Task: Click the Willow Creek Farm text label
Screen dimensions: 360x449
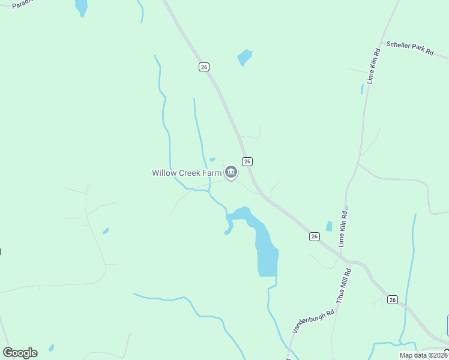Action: tap(187, 173)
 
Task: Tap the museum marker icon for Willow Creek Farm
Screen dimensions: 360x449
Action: tap(231, 173)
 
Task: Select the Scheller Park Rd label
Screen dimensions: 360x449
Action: tap(410, 48)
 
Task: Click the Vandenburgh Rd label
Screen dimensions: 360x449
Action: tap(313, 322)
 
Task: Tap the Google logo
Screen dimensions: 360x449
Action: tap(20, 353)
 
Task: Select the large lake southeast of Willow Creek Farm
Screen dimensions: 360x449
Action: tap(264, 246)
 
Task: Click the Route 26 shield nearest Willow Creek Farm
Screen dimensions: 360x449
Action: tap(247, 161)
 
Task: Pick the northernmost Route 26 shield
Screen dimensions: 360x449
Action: tap(204, 67)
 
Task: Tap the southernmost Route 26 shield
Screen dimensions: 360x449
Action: tap(393, 299)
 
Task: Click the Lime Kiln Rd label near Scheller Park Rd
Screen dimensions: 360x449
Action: tap(374, 65)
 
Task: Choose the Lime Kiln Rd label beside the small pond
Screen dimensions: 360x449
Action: tap(343, 229)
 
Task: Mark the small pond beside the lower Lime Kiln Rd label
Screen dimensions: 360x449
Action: tap(329, 226)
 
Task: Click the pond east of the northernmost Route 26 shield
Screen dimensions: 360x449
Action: tap(244, 57)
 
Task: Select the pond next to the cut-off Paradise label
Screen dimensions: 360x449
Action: tap(80, 7)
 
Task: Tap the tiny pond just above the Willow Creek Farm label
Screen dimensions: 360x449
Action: tap(212, 160)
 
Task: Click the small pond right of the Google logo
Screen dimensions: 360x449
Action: tap(52, 347)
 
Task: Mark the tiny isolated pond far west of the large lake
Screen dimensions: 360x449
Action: tap(106, 230)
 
